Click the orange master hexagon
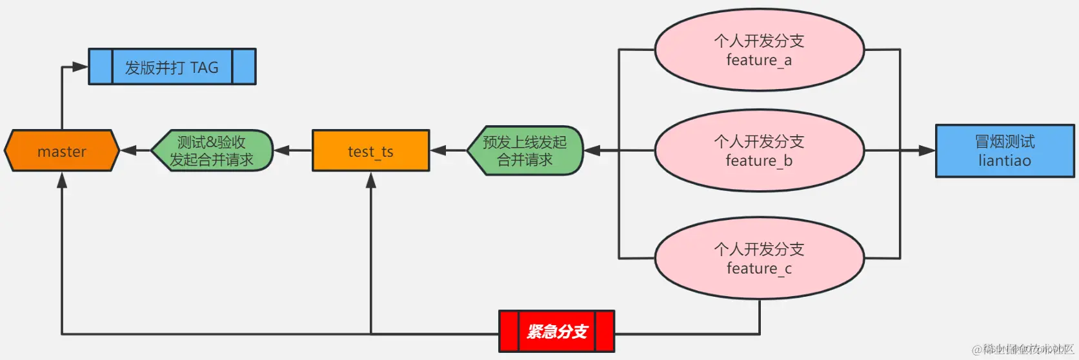tap(62, 151)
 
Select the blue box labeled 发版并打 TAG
tap(172, 66)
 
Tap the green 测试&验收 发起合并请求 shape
tap(212, 151)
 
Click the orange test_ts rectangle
tap(370, 151)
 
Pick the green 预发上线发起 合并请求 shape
tap(525, 151)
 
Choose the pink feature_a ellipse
tap(759, 50)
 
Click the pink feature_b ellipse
tap(759, 151)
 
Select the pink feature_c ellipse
tap(759, 258)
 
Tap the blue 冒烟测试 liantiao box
tap(1005, 151)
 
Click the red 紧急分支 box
tap(556, 332)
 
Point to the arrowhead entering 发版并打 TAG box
tap(80, 66)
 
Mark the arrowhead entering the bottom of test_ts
tap(371, 180)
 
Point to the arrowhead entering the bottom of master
tap(62, 180)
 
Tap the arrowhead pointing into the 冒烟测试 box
tap(927, 151)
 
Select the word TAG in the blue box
tap(204, 67)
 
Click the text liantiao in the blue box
tap(1005, 161)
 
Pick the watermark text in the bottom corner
tap(1022, 350)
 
